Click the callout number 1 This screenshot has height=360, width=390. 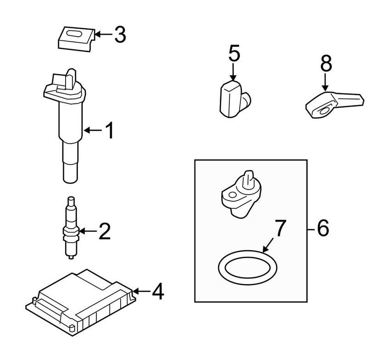click(109, 131)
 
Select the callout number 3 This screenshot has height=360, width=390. click(120, 35)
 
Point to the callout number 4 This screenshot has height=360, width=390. click(157, 291)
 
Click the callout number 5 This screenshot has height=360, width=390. click(234, 54)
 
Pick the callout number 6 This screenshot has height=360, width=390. click(323, 228)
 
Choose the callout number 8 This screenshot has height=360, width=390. click(326, 64)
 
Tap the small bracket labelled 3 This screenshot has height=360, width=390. click(76, 37)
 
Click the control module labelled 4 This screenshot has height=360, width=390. click(80, 298)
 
